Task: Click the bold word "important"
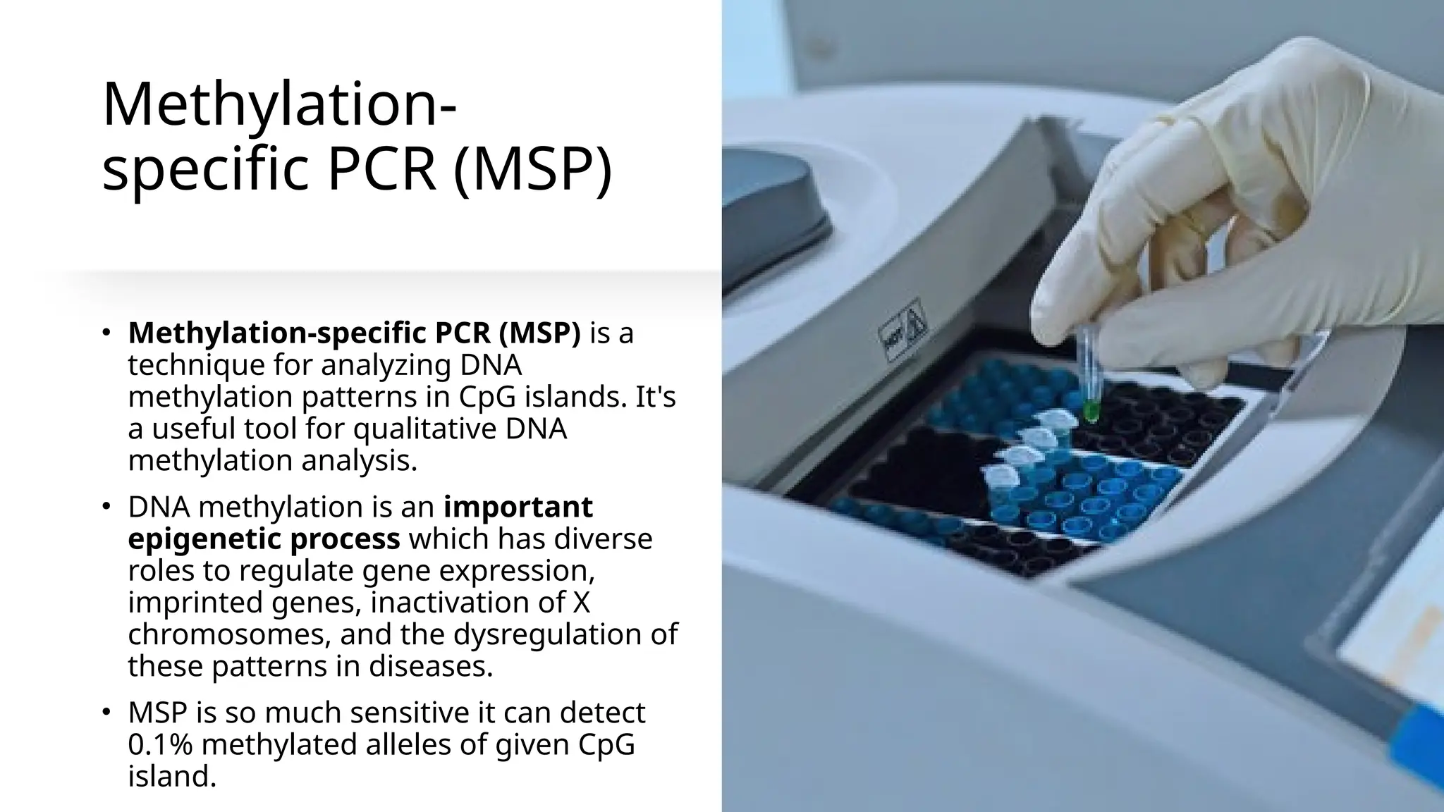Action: (x=518, y=506)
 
